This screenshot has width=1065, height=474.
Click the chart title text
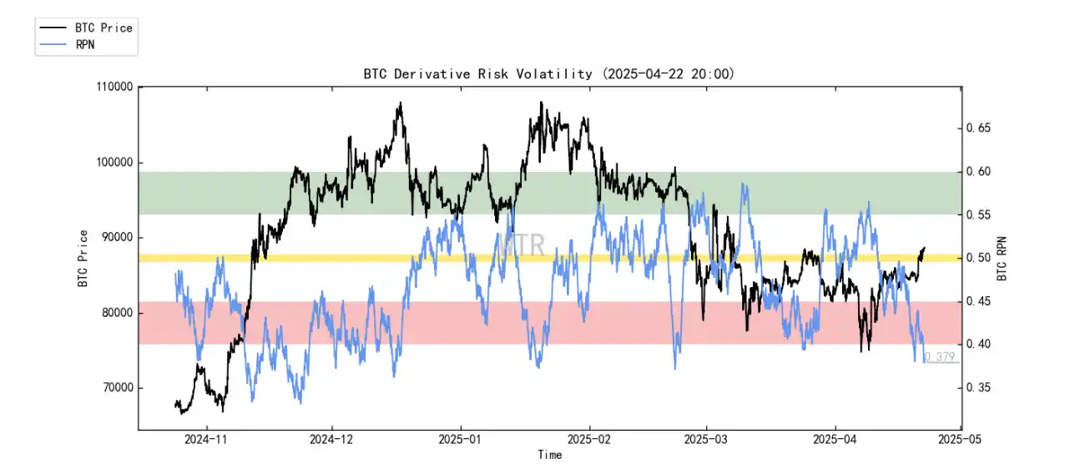click(548, 74)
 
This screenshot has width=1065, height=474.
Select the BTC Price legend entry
click(103, 28)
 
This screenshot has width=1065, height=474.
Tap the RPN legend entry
click(84, 44)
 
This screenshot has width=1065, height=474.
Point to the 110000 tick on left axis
click(114, 87)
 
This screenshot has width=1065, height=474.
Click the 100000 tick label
click(114, 163)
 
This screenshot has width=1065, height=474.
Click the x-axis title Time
click(549, 455)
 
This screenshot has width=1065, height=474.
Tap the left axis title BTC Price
click(83, 258)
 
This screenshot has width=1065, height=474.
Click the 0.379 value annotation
click(940, 357)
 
